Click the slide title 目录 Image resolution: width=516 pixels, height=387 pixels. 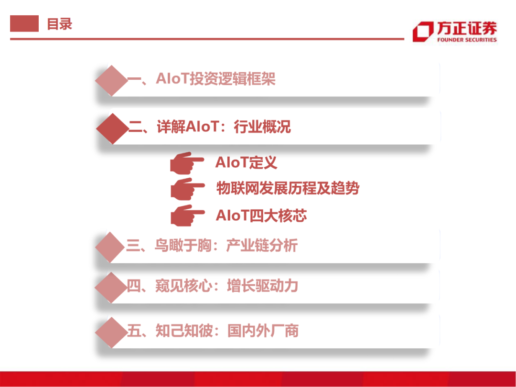click(59, 24)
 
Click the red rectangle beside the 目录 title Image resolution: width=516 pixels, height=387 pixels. click(24, 23)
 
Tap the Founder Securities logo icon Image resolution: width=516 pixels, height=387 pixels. click(422, 32)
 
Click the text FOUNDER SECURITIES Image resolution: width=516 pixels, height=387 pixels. click(467, 40)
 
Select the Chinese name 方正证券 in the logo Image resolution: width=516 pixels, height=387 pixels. click(466, 28)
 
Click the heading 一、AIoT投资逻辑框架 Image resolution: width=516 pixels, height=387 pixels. click(201, 79)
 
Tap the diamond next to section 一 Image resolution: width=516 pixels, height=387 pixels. click(111, 80)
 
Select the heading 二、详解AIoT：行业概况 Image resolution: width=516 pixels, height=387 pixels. click(210, 127)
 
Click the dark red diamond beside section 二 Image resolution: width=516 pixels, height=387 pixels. click(113, 128)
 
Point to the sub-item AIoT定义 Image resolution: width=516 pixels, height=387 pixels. click(246, 162)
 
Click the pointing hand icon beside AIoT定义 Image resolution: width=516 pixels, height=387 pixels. click(187, 162)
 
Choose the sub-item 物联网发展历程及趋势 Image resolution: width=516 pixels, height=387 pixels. click(288, 188)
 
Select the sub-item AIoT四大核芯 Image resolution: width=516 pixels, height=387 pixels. click(261, 215)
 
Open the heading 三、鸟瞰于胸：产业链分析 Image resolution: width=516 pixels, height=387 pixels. click(212, 246)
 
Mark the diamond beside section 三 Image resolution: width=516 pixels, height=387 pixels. click(111, 247)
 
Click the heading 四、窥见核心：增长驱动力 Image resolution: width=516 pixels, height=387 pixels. click(213, 287)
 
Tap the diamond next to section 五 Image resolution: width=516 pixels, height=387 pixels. click(111, 331)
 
